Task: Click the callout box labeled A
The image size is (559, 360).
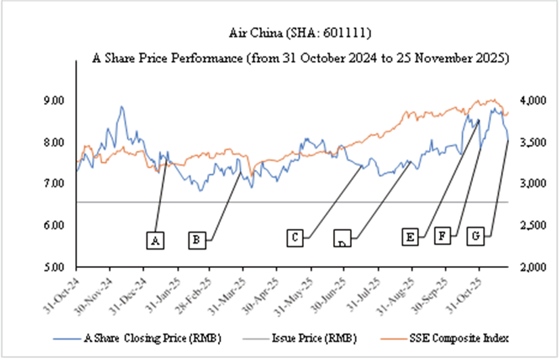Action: point(156,240)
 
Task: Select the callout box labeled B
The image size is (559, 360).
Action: point(197,240)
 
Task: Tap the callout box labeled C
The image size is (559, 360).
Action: point(295,238)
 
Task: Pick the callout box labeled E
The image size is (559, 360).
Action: point(409,238)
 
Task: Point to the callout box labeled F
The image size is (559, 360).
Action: point(443,236)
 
